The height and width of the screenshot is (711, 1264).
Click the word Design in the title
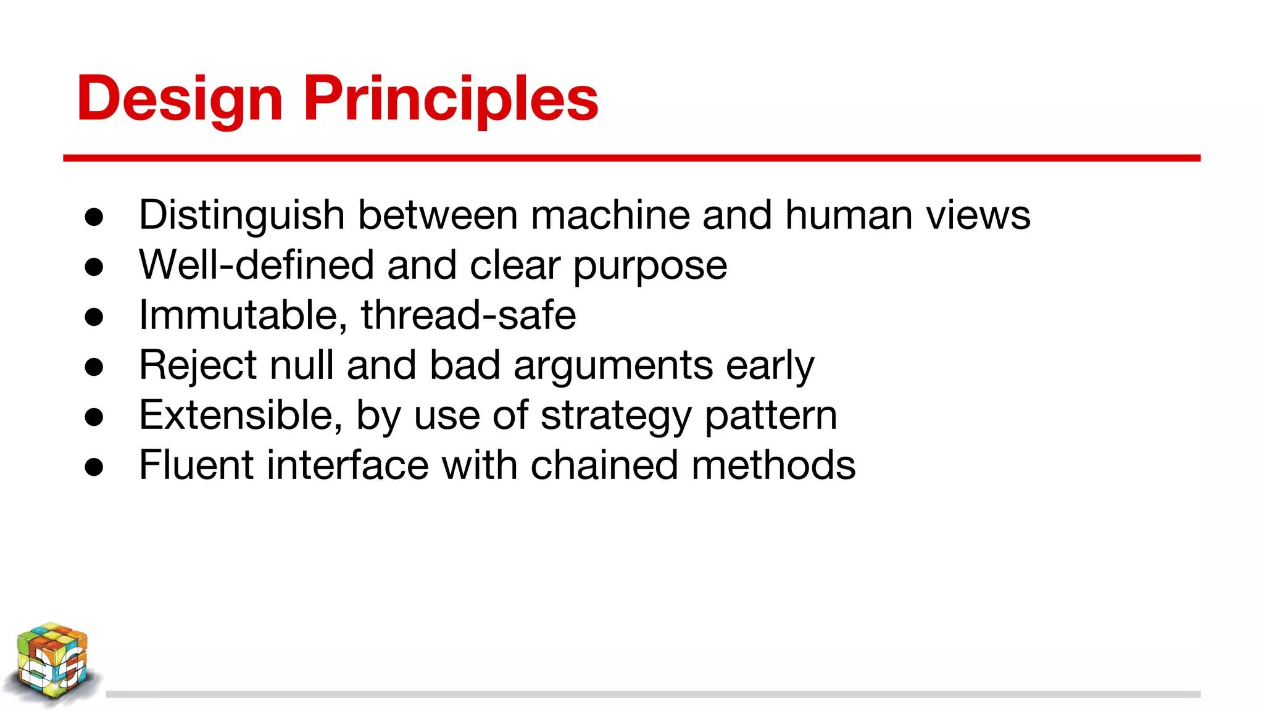(x=180, y=99)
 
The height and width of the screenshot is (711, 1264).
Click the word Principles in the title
(x=451, y=99)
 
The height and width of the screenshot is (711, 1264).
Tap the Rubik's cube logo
(x=52, y=663)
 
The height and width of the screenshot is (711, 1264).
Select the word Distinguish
(x=241, y=216)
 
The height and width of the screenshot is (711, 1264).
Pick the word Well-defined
(x=256, y=265)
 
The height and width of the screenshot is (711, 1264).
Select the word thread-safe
(x=468, y=315)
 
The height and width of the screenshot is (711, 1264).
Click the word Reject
(x=197, y=365)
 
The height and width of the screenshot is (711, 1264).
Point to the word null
(x=302, y=365)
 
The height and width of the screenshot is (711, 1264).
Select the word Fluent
(x=196, y=465)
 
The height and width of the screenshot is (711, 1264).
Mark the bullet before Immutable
(x=94, y=317)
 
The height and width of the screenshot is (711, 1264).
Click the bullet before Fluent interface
(x=94, y=467)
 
